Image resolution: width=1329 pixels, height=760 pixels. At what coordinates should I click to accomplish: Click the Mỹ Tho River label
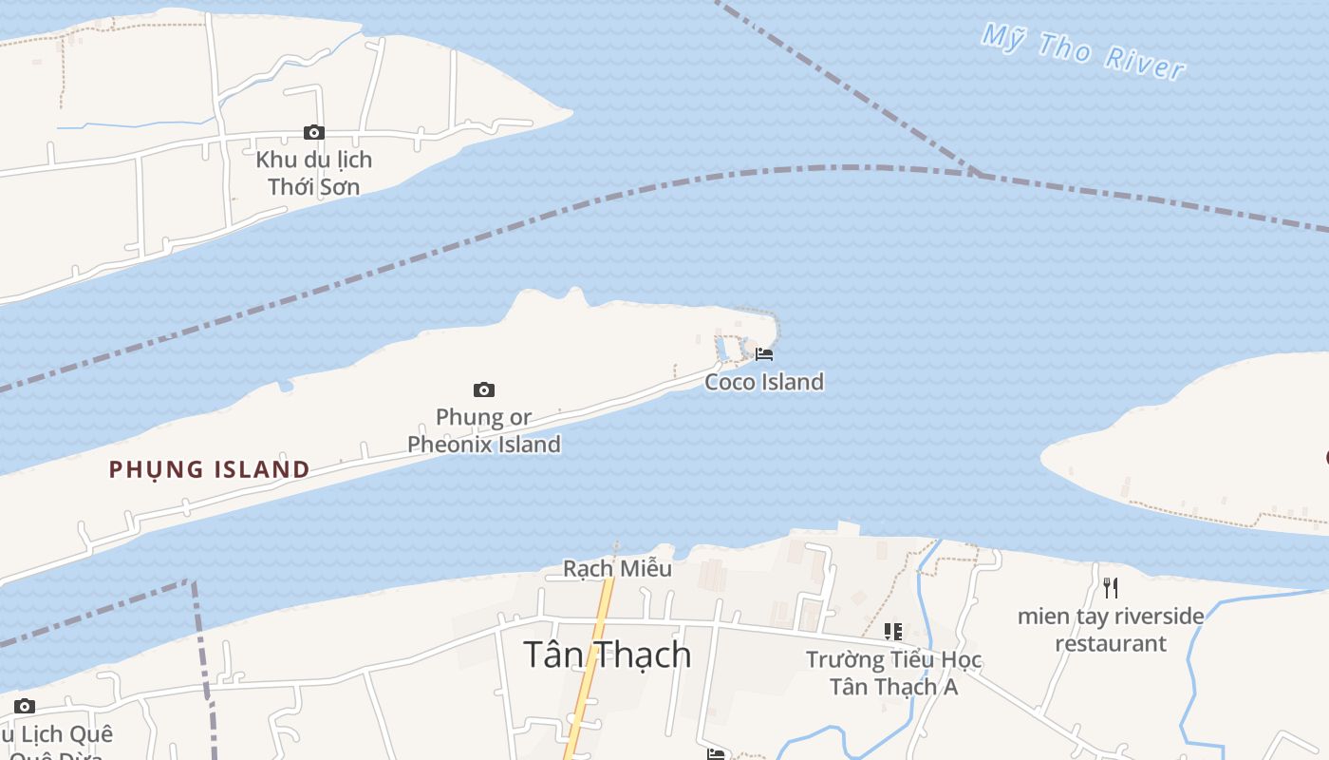[1083, 52]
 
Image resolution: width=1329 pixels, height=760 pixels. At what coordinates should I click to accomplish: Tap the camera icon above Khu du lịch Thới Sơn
[313, 132]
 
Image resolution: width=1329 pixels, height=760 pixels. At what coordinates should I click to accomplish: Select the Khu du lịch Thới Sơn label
[313, 172]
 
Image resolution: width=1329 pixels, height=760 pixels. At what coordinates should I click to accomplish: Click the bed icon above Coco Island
[764, 354]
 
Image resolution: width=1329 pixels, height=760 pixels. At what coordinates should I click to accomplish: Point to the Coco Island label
[764, 382]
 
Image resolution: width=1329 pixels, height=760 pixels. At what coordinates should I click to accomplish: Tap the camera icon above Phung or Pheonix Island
[484, 389]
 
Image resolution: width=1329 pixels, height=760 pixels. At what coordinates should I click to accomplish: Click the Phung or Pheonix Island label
[484, 430]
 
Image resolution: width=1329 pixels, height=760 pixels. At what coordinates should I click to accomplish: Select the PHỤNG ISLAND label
[209, 469]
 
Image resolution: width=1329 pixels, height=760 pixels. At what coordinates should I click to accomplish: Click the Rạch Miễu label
[617, 568]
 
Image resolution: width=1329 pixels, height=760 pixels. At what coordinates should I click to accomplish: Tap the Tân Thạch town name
[608, 655]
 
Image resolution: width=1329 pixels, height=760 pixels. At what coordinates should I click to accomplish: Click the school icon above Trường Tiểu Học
[893, 631]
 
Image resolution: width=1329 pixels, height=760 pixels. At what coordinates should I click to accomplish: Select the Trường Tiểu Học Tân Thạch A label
[893, 673]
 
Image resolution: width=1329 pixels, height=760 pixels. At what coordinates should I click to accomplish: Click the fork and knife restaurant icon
[1111, 588]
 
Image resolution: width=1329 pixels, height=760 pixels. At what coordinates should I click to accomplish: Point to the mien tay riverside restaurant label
[1111, 629]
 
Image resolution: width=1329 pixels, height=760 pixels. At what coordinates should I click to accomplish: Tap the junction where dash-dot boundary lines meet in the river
[978, 174]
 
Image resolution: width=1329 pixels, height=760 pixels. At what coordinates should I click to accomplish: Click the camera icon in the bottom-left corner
[25, 706]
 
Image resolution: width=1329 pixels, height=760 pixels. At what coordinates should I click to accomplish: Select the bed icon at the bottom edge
[716, 754]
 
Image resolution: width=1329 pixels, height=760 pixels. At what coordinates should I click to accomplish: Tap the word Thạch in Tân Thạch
[648, 655]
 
